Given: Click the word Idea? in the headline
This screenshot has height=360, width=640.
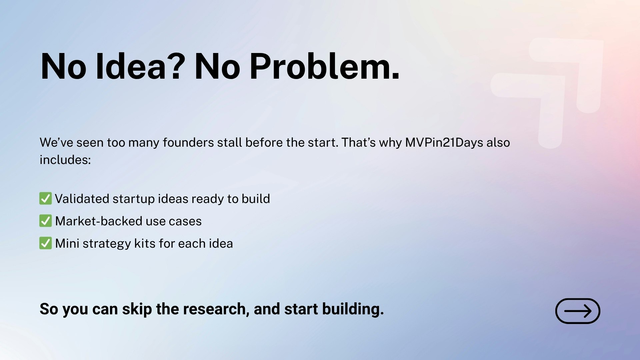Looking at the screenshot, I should click(140, 67).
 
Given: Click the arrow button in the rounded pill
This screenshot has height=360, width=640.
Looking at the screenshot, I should click(578, 311).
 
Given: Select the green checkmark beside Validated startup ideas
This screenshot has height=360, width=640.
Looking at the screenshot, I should click(45, 199).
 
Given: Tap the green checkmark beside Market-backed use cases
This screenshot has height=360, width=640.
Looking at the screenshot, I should click(45, 221).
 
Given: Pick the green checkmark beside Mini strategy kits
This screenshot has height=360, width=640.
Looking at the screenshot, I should click(45, 243).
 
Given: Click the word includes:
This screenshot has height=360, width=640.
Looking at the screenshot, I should click(65, 160).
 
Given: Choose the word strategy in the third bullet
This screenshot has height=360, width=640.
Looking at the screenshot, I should click(107, 244).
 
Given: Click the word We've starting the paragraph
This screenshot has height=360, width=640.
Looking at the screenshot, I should click(56, 143).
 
